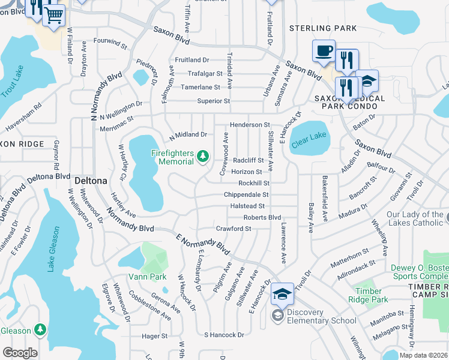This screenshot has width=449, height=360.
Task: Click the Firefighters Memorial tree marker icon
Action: [203, 157]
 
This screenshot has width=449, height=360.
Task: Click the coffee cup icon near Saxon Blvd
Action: [324, 50]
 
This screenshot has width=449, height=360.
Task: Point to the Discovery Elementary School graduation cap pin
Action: [282, 294]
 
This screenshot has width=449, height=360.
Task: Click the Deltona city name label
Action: [90, 180]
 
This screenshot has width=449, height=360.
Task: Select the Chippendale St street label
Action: [246, 195]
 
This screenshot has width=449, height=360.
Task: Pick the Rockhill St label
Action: [254, 183]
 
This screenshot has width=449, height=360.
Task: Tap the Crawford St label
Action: [233, 229]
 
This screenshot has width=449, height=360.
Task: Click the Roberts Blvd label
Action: [262, 217]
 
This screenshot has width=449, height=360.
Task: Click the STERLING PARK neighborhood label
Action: [323, 28]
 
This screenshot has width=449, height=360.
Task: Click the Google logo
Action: [19, 353]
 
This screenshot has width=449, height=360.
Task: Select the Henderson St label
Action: [250, 124]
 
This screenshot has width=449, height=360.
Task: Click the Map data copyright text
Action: [423, 355]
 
